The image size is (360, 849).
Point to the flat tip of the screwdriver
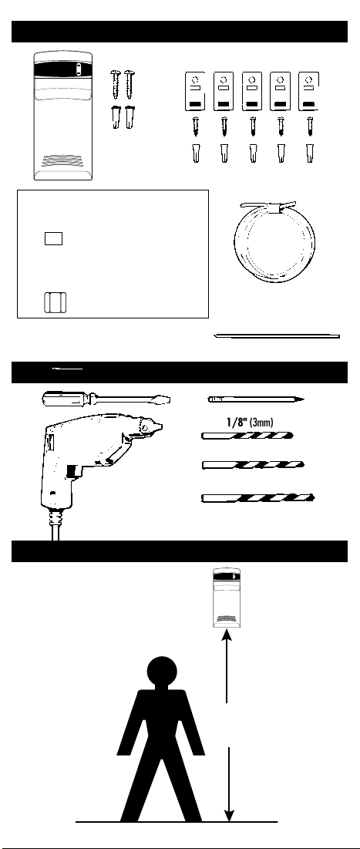pyautogui.click(x=164, y=399)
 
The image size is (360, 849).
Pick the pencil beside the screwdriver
pyautogui.click(x=255, y=399)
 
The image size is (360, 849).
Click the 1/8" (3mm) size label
pyautogui.click(x=250, y=423)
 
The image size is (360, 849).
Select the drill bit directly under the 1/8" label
pyautogui.click(x=247, y=436)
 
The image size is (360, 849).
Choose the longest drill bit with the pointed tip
pyautogui.click(x=257, y=497)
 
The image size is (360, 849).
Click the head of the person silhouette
pyautogui.click(x=161, y=672)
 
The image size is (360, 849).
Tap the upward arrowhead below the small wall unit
pyautogui.click(x=227, y=634)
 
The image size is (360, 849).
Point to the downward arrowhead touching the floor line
pyautogui.click(x=230, y=814)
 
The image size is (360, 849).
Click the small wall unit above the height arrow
pyautogui.click(x=227, y=597)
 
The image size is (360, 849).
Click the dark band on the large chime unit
pyautogui.click(x=64, y=70)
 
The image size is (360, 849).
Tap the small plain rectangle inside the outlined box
pyautogui.click(x=53, y=238)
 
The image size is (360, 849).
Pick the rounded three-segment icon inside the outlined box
pyautogui.click(x=55, y=302)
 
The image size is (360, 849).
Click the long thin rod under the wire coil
pyautogui.click(x=277, y=336)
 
